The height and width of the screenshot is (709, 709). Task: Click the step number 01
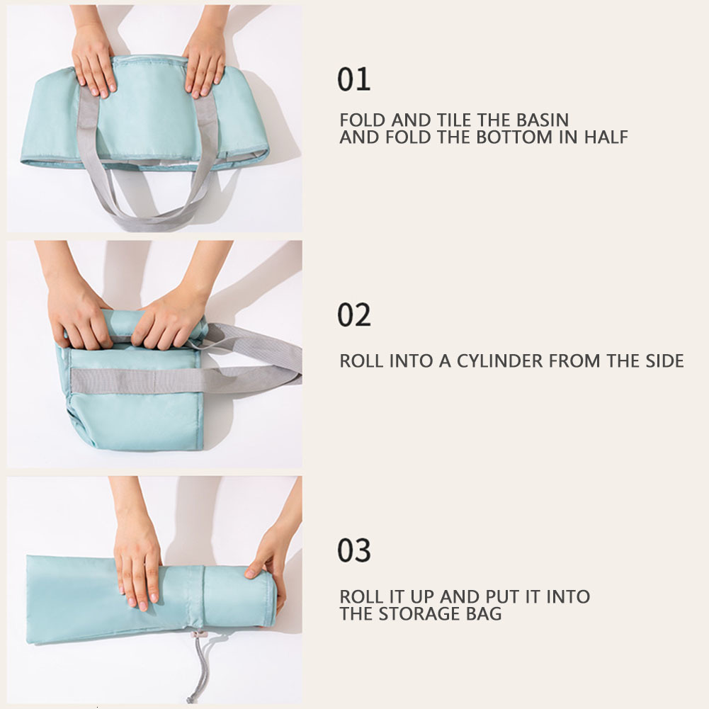pyautogui.click(x=353, y=79)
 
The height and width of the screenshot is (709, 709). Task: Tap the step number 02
pyautogui.click(x=353, y=315)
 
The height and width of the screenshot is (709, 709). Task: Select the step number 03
pyautogui.click(x=353, y=550)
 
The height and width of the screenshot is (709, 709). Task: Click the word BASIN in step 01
pyautogui.click(x=540, y=120)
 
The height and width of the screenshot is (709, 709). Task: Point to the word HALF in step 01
pyautogui.click(x=606, y=137)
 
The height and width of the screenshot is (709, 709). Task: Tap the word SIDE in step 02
pyautogui.click(x=663, y=361)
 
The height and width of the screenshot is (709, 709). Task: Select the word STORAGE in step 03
pyautogui.click(x=422, y=613)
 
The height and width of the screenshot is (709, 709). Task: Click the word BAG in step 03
pyautogui.click(x=484, y=613)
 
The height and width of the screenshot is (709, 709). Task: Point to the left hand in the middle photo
pyautogui.click(x=78, y=312)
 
